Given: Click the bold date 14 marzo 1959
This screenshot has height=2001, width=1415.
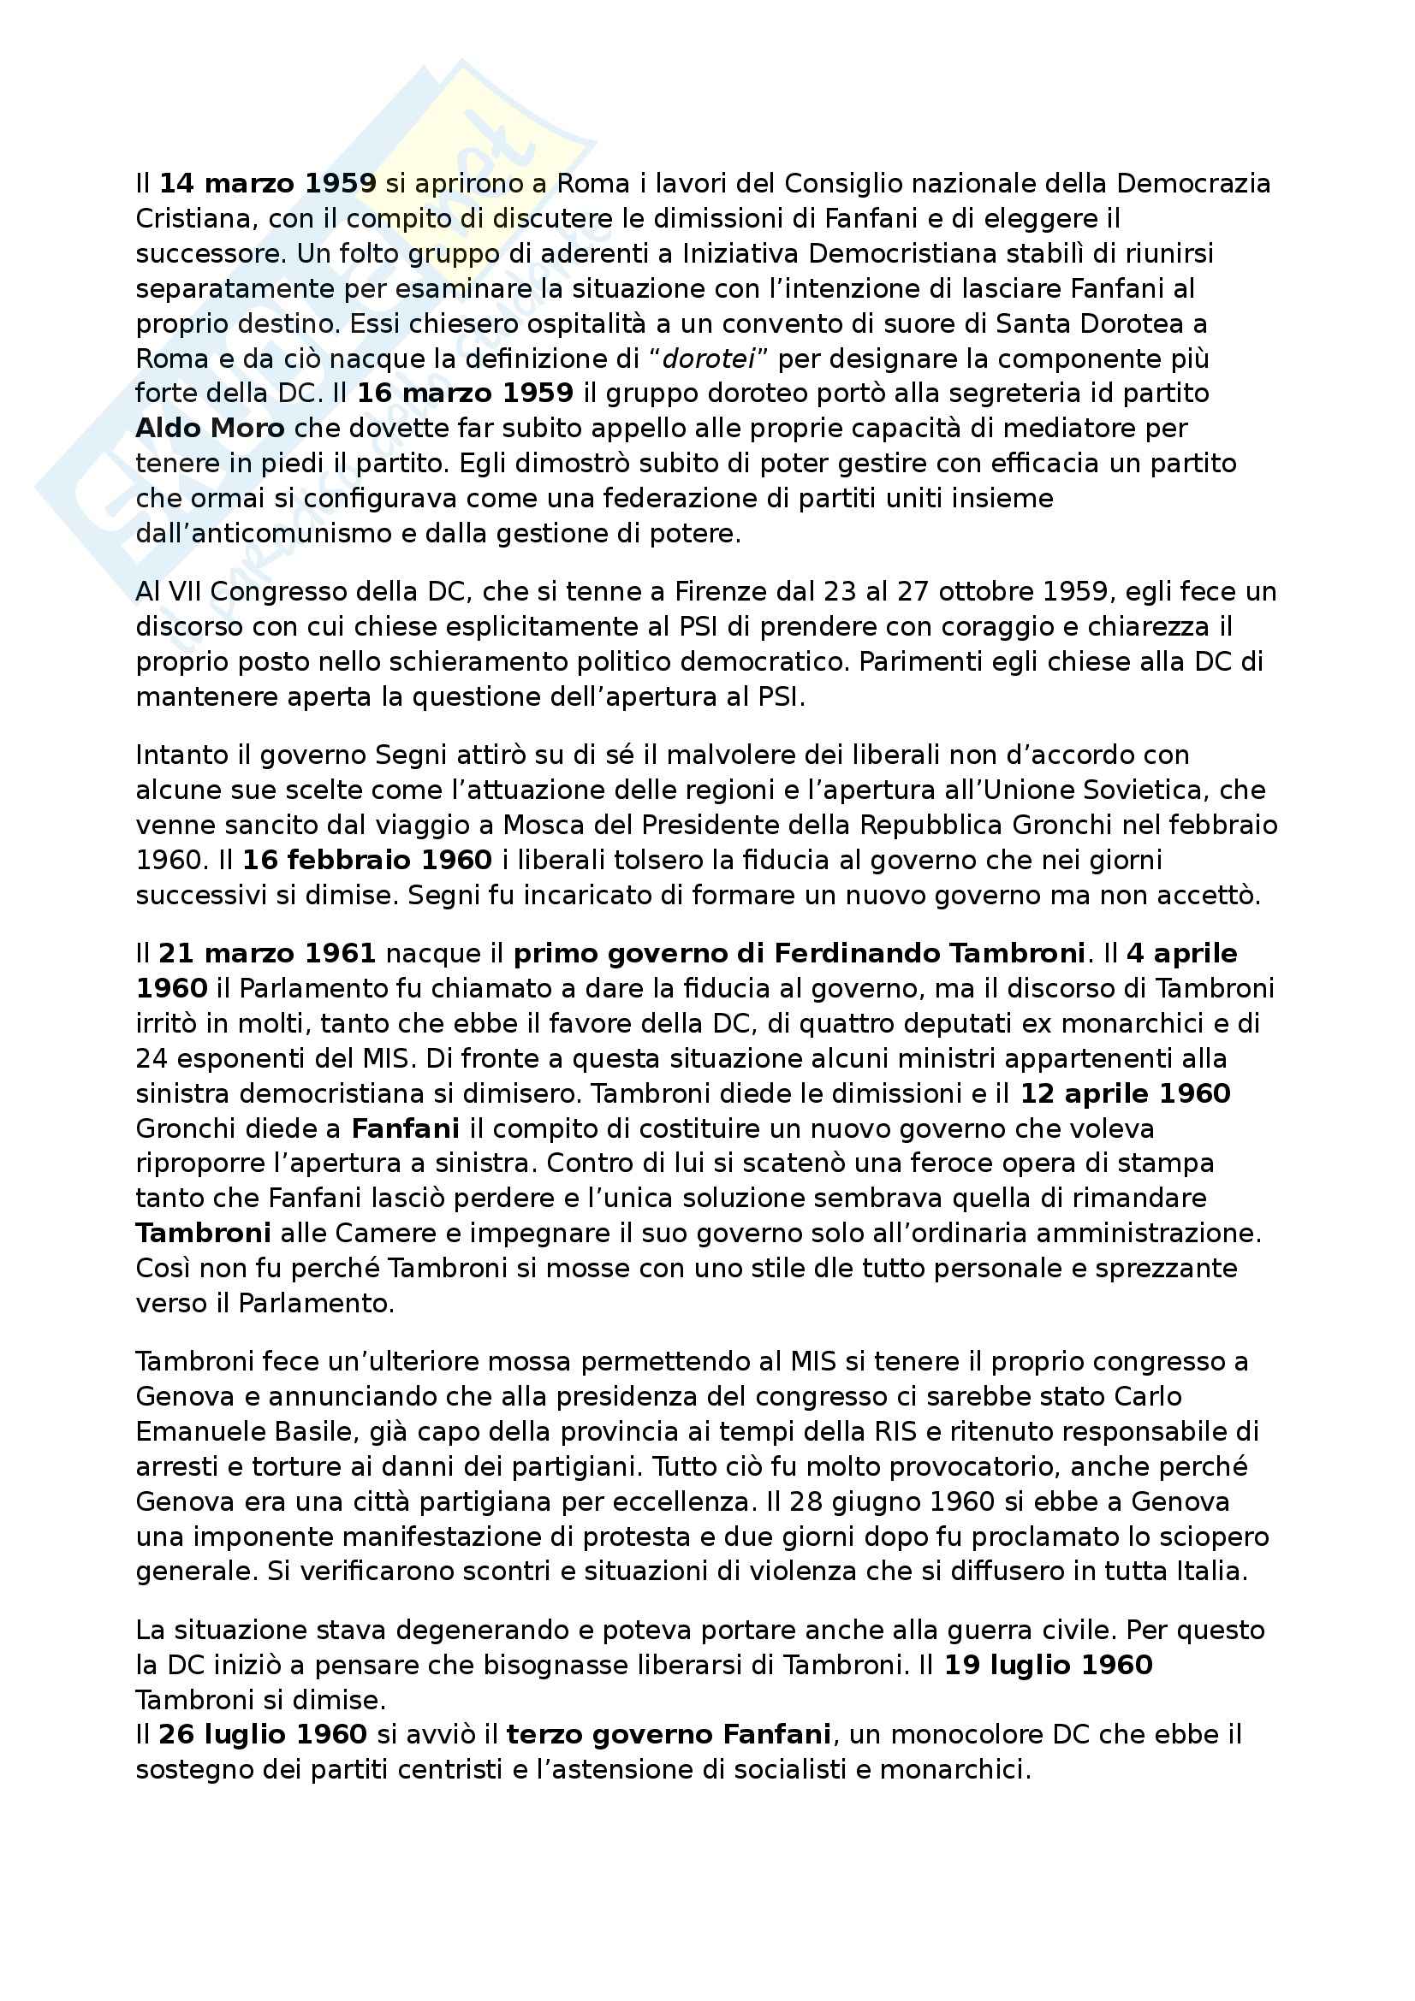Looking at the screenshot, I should click(268, 184).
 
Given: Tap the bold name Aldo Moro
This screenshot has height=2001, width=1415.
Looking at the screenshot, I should click(210, 428).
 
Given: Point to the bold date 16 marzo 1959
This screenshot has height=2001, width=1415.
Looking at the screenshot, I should click(465, 393).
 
